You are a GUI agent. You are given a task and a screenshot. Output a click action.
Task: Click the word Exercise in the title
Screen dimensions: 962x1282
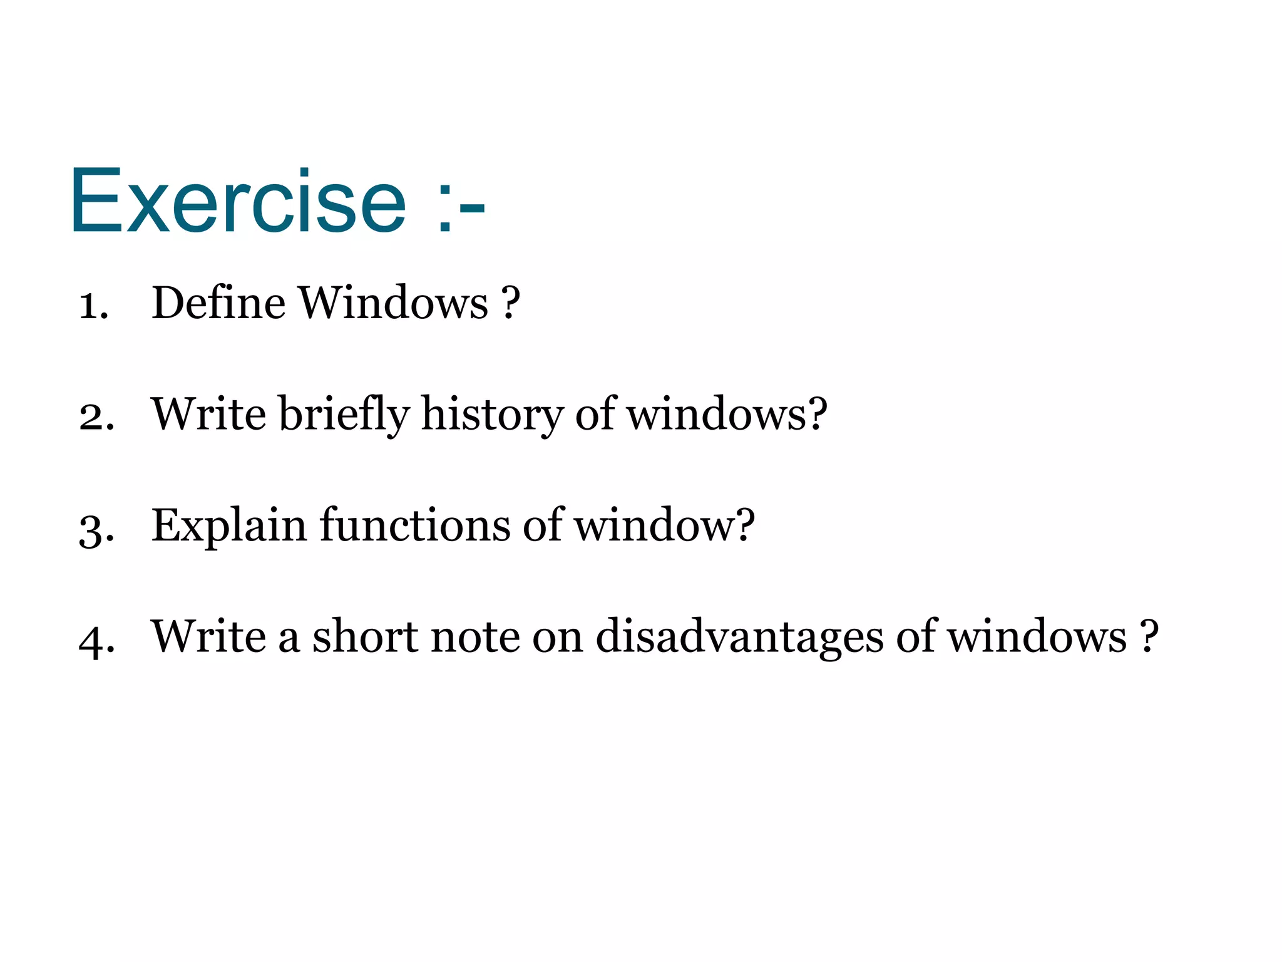point(238,202)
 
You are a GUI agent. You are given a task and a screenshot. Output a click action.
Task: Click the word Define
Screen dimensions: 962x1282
point(218,303)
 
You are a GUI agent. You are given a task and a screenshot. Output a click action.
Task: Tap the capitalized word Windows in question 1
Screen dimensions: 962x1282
point(393,303)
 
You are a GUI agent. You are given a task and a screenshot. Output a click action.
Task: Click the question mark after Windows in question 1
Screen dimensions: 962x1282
point(511,303)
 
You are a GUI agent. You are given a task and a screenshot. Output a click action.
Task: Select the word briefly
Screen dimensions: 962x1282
point(344,415)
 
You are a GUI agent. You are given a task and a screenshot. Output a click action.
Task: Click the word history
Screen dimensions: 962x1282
point(492,415)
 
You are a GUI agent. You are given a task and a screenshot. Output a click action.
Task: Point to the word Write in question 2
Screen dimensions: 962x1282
point(208,415)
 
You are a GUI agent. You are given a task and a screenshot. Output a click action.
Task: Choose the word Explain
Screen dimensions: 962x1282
point(229,526)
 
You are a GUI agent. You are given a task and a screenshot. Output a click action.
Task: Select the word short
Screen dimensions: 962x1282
point(365,636)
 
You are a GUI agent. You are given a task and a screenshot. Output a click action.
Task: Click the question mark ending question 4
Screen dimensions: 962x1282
point(1149,636)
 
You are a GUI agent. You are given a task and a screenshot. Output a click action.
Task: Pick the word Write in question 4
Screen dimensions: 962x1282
point(208,636)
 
